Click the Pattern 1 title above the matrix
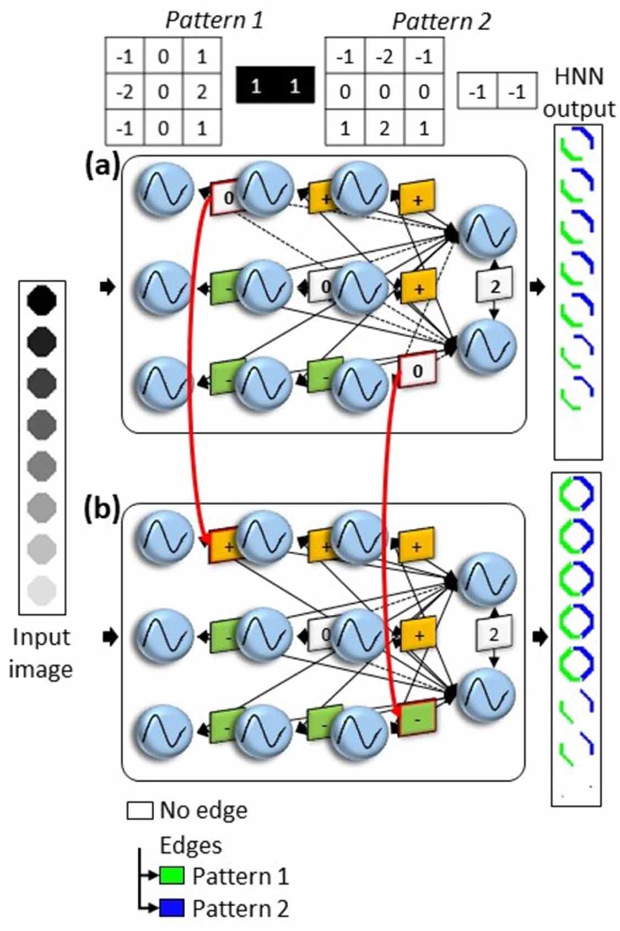(214, 21)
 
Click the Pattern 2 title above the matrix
(440, 22)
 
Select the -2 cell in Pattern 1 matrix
(125, 91)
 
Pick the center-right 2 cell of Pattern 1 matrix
(202, 91)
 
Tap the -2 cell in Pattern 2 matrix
(384, 57)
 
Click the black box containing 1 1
(276, 85)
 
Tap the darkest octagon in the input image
(42, 301)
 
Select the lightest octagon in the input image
(42, 591)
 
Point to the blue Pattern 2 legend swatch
(171, 908)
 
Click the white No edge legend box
(139, 811)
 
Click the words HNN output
(579, 92)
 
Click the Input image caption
(41, 653)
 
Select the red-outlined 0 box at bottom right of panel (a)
(417, 371)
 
